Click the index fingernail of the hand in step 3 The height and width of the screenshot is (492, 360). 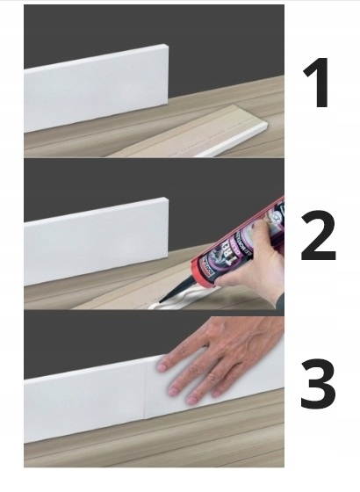[x=163, y=360]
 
